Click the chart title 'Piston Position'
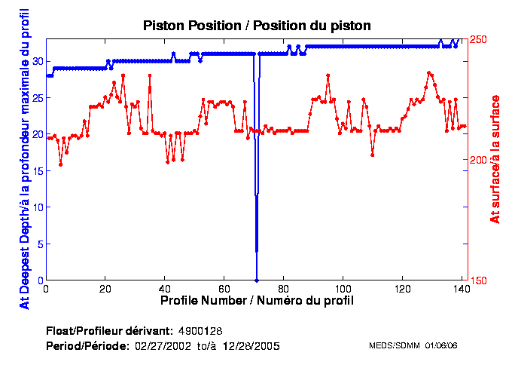click(257, 26)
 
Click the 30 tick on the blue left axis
click(36, 61)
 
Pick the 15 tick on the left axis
click(36, 170)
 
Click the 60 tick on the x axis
click(224, 289)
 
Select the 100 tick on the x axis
click(343, 289)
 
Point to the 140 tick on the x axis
click(461, 289)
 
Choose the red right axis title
click(495, 159)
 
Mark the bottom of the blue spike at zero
click(257, 279)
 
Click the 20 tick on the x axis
click(105, 289)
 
